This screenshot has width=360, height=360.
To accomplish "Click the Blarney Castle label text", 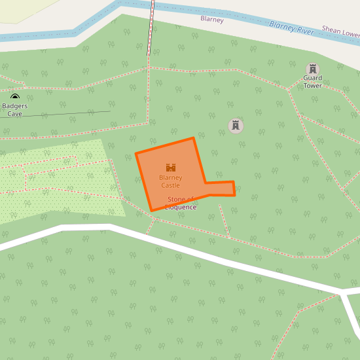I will (170, 181).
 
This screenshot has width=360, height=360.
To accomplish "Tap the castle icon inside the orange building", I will (171, 168).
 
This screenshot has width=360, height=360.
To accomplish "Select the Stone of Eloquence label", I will (181, 203).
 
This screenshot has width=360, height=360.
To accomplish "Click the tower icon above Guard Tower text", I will (313, 69).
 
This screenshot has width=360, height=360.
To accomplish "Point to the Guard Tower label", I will (312, 82).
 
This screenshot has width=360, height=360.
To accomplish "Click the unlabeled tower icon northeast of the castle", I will (236, 126).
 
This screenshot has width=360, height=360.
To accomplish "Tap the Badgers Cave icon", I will (15, 97).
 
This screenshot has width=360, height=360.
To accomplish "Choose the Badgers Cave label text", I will (14, 109).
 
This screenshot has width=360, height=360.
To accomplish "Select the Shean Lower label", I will (340, 31).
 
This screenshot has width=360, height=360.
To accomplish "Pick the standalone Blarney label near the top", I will (212, 20).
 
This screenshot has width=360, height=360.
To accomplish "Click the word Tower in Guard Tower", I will (312, 86).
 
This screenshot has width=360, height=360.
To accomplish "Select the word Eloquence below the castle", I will (181, 207).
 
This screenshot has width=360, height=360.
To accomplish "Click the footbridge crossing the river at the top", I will (152, 8).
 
